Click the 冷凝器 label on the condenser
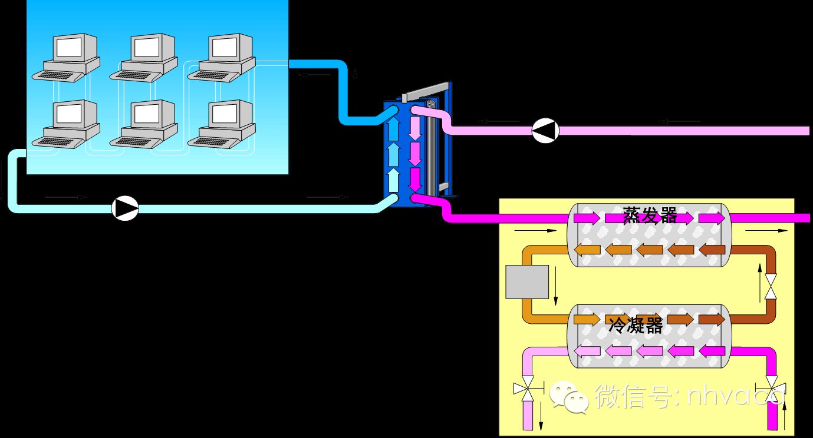(636, 324)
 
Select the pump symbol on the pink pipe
(545, 131)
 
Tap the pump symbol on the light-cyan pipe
(125, 208)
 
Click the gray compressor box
(527, 281)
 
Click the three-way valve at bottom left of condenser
(526, 389)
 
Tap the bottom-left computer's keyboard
(59, 141)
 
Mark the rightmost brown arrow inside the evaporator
(712, 250)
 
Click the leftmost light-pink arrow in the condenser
(587, 351)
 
